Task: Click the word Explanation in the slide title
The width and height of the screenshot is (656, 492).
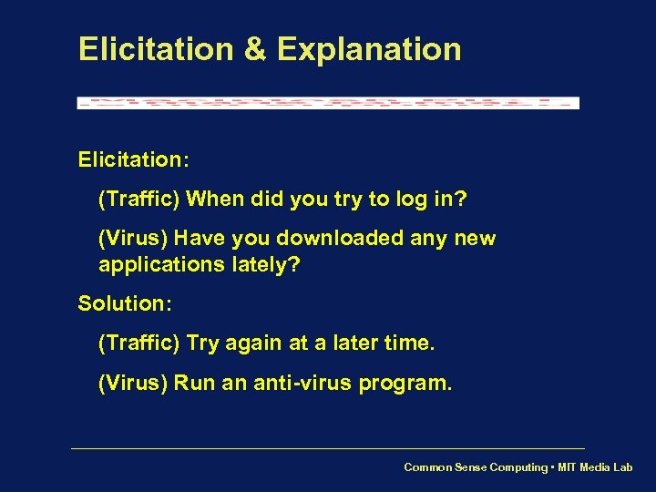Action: click(x=369, y=50)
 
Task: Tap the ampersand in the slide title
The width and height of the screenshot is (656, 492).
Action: click(x=255, y=49)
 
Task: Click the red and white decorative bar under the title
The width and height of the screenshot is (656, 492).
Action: click(x=328, y=103)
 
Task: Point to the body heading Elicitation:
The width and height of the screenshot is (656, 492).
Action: click(x=133, y=160)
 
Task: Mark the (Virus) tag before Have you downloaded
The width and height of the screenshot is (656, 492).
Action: click(x=132, y=239)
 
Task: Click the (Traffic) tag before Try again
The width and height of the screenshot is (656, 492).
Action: click(x=138, y=343)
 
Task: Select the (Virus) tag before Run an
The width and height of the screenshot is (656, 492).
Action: click(x=132, y=384)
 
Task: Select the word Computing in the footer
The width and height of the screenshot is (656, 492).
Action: click(x=518, y=467)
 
